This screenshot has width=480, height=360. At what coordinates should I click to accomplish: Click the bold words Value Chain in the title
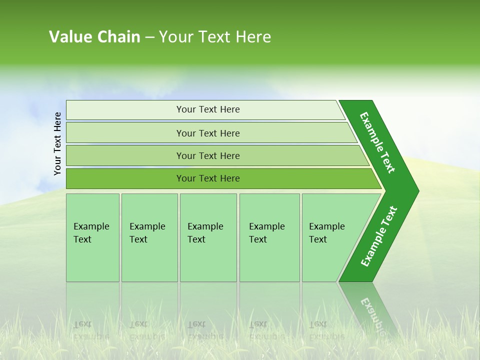click(x=94, y=37)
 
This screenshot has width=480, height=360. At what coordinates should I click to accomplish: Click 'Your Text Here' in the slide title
click(x=215, y=37)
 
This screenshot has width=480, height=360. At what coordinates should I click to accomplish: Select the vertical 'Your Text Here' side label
click(x=57, y=143)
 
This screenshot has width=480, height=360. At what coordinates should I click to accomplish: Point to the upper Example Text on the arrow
click(x=377, y=142)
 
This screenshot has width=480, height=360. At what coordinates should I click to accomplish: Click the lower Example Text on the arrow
click(x=378, y=236)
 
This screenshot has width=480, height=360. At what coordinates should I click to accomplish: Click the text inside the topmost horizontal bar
click(x=208, y=109)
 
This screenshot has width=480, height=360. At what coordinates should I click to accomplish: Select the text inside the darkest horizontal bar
click(x=208, y=178)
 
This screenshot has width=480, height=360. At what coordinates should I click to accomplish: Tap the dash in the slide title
click(x=149, y=37)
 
